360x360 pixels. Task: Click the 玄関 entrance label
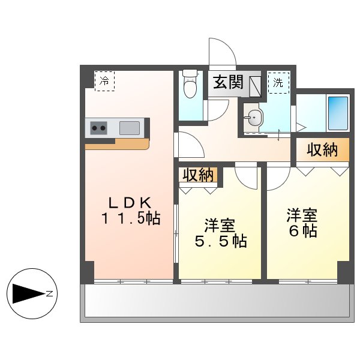tap(227, 83)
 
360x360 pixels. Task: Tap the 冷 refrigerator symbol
tap(104, 80)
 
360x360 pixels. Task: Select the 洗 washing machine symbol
tap(278, 83)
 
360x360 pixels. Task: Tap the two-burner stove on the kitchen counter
tap(99, 128)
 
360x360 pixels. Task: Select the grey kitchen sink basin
tap(130, 128)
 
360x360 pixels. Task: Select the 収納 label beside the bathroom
tap(322, 151)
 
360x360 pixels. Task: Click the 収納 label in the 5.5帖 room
tap(198, 175)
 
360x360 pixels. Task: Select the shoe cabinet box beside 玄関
tap(253, 84)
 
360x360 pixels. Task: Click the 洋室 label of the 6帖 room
tap(302, 215)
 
